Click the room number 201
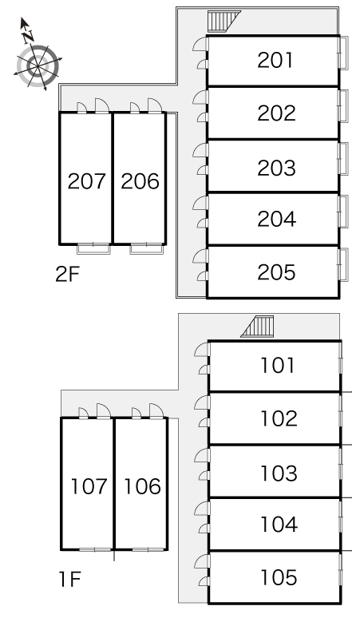pyautogui.click(x=275, y=61)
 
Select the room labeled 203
pyautogui.click(x=276, y=168)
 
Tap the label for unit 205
pyautogui.click(x=276, y=272)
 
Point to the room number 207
pyautogui.click(x=87, y=181)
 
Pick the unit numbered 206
pyautogui.click(x=140, y=181)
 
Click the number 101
pyautogui.click(x=277, y=365)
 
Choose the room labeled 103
pyautogui.click(x=279, y=473)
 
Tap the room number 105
pyautogui.click(x=279, y=577)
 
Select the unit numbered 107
pyautogui.click(x=89, y=486)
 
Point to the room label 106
pyautogui.click(x=142, y=486)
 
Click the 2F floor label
pyautogui.click(x=67, y=275)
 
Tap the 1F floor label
pyautogui.click(x=69, y=579)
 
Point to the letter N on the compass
pyautogui.click(x=28, y=37)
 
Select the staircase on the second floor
pyautogui.click(x=224, y=22)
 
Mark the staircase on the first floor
pyautogui.click(x=257, y=327)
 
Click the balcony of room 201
pyautogui.click(x=343, y=53)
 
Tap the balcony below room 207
pyautogui.click(x=93, y=249)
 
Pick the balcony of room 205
pyautogui.click(x=343, y=264)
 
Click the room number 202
pyautogui.click(x=276, y=113)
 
